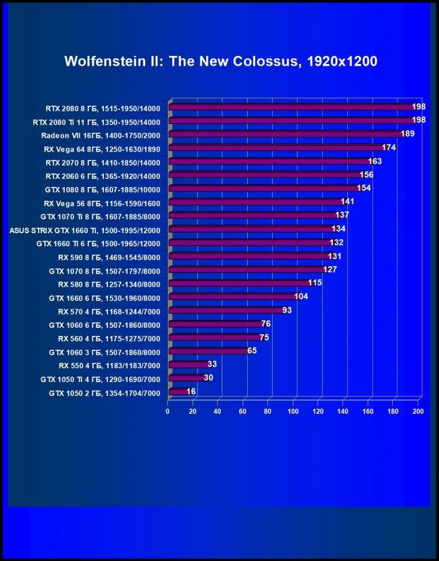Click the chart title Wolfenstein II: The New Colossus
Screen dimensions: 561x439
pyautogui.click(x=221, y=62)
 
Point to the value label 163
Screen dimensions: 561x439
pyautogui.click(x=375, y=162)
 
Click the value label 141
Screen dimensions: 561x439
pyautogui.click(x=347, y=202)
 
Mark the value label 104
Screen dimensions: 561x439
pyautogui.click(x=301, y=297)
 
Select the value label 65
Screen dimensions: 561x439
pyautogui.click(x=252, y=351)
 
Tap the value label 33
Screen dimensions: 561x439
pyautogui.click(x=212, y=364)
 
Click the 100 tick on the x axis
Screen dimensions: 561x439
pyautogui.click(x=293, y=412)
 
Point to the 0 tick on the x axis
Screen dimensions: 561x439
pyautogui.click(x=168, y=412)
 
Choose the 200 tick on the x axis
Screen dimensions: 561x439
pyautogui.click(x=418, y=412)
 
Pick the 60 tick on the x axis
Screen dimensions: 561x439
pyautogui.click(x=243, y=412)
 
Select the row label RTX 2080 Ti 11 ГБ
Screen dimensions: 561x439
pyautogui.click(x=96, y=122)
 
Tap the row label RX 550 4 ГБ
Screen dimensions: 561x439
pyautogui.click(x=109, y=365)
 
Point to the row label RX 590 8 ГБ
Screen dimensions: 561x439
pyautogui.click(x=109, y=257)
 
